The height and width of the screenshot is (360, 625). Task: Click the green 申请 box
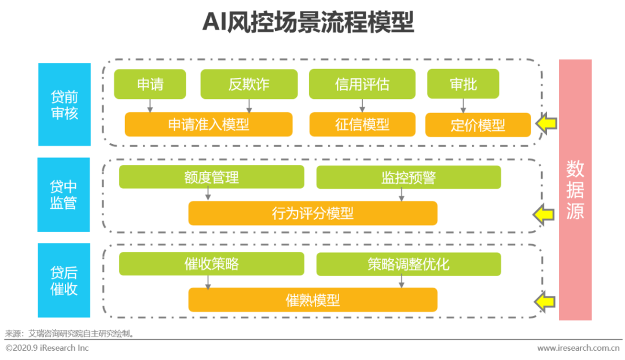[150, 84]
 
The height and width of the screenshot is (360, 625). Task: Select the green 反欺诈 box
[249, 84]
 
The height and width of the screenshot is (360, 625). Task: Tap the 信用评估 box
[362, 84]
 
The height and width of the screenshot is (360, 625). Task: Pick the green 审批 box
[463, 84]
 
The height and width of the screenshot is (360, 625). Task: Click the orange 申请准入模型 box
[208, 124]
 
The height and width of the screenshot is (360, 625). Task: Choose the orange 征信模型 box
[362, 124]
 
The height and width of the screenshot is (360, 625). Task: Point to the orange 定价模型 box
[478, 125]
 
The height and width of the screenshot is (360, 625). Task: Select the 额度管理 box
[212, 177]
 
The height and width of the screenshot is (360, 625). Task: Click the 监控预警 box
[409, 178]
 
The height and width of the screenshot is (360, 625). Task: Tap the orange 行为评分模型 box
[313, 214]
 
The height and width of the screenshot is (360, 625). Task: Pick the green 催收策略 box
[212, 264]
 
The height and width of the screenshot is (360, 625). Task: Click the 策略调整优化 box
[409, 264]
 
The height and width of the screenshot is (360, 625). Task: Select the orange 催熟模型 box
[313, 300]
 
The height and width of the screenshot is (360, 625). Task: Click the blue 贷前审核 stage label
[65, 104]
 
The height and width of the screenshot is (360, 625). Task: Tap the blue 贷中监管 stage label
[64, 194]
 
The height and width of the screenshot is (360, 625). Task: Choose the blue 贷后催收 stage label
[64, 280]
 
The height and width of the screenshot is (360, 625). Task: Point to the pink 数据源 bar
[575, 190]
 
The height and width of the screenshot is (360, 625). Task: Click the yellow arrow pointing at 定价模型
[546, 123]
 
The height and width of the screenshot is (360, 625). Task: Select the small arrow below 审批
[463, 106]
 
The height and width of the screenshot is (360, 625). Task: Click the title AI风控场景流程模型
[308, 22]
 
